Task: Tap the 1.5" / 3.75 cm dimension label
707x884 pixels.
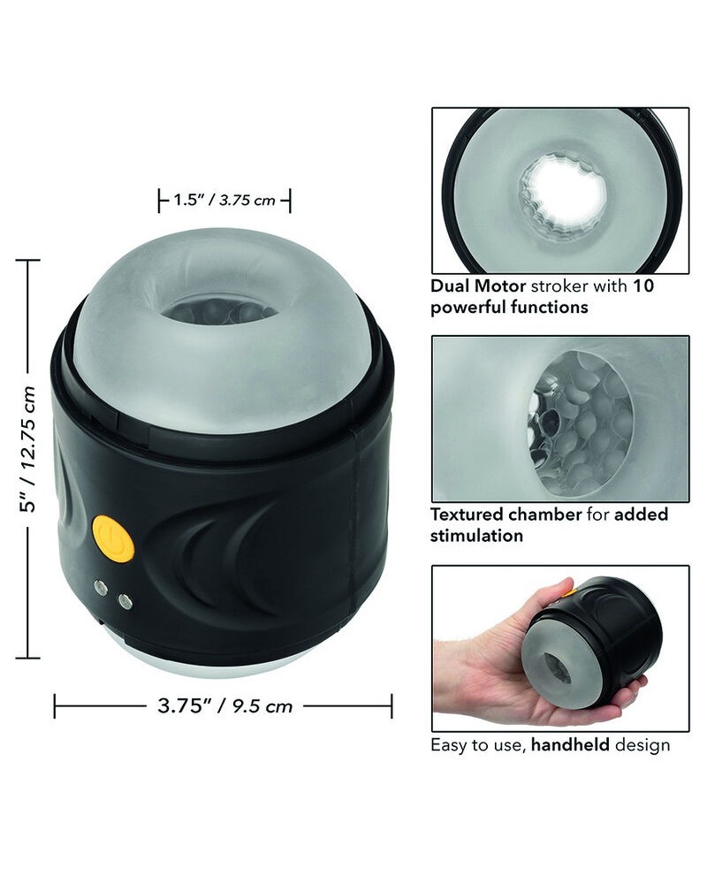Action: [224, 200]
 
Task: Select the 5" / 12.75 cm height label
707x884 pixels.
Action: [29, 459]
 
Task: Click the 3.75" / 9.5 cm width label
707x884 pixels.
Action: [224, 705]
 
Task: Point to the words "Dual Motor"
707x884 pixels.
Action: [475, 286]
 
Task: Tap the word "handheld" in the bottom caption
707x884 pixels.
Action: [569, 744]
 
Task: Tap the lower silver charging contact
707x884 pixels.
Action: [126, 602]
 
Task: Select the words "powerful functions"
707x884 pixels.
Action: [509, 308]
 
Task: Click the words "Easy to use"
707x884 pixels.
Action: [476, 744]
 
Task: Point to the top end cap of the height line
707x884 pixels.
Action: [28, 261]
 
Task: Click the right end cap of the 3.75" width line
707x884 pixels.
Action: [392, 705]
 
